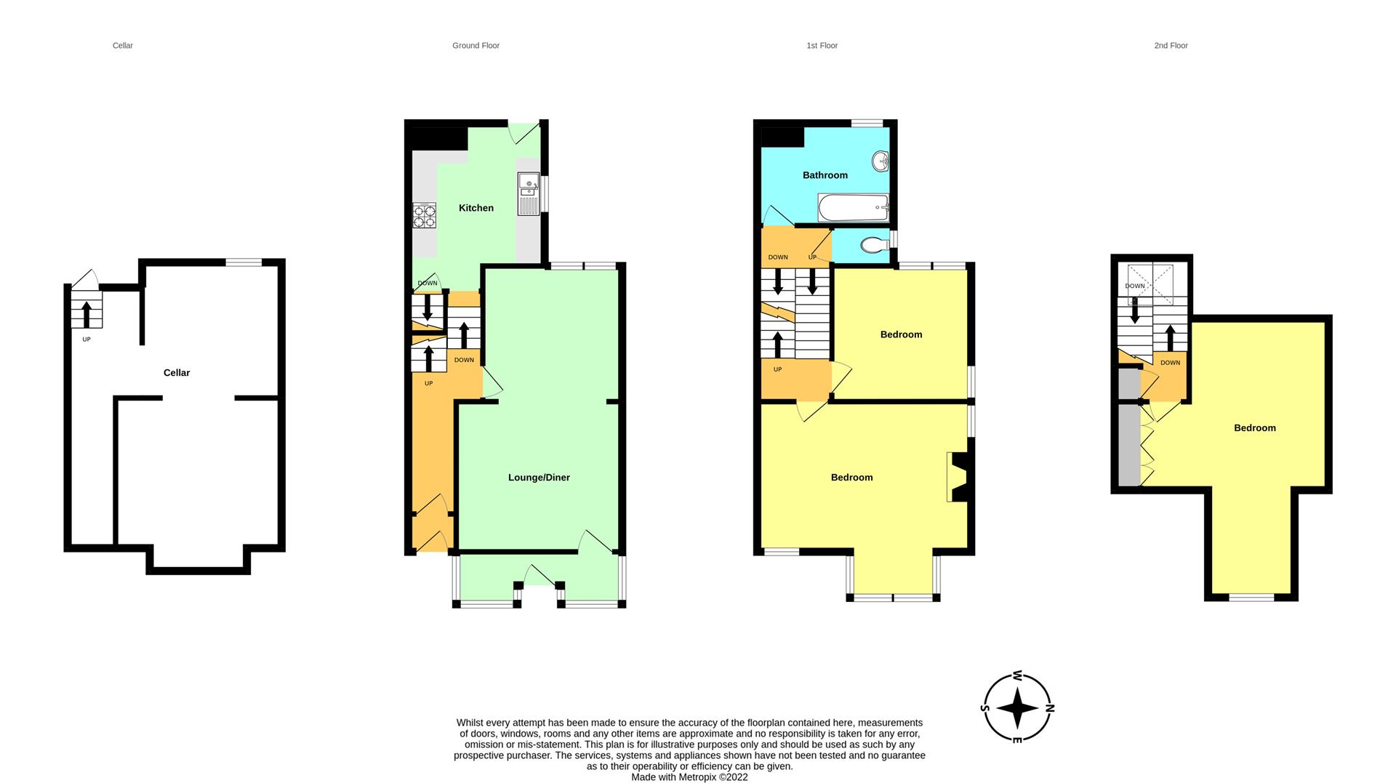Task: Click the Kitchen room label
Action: pyautogui.click(x=476, y=208)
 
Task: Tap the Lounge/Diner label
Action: pyautogui.click(x=539, y=478)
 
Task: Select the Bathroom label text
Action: pyautogui.click(x=825, y=175)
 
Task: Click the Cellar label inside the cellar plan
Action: pyautogui.click(x=177, y=373)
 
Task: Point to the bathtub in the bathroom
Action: pyautogui.click(x=854, y=208)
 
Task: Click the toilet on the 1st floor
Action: pyautogui.click(x=874, y=245)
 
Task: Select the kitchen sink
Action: pyautogui.click(x=529, y=193)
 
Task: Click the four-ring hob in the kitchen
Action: pyautogui.click(x=425, y=214)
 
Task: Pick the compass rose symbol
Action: pyautogui.click(x=1017, y=707)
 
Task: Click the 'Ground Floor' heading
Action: pyautogui.click(x=476, y=46)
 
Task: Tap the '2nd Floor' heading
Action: pyautogui.click(x=1171, y=46)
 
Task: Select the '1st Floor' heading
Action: pyautogui.click(x=822, y=46)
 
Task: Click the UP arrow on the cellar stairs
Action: pyautogui.click(x=87, y=315)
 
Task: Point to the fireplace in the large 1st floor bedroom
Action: pyautogui.click(x=957, y=477)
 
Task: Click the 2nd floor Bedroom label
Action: pyautogui.click(x=1255, y=428)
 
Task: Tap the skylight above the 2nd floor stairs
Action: pyautogui.click(x=1150, y=285)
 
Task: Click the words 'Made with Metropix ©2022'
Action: pyautogui.click(x=689, y=777)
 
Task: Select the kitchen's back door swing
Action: pyautogui.click(x=523, y=132)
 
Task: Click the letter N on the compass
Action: pyautogui.click(x=1049, y=707)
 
